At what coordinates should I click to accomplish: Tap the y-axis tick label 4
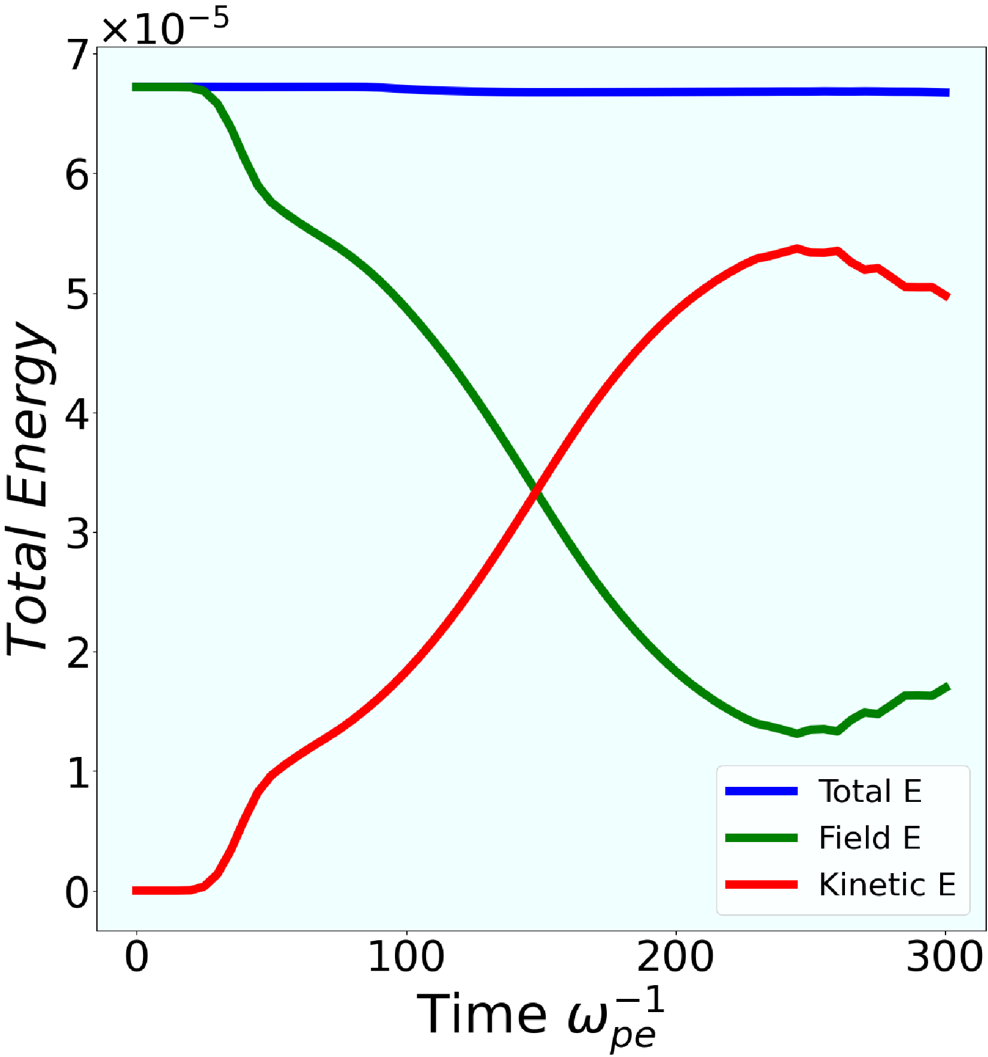[x=77, y=414]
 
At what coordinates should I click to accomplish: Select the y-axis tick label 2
[x=77, y=653]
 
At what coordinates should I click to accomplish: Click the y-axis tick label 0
[x=77, y=893]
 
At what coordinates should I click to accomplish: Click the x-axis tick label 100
[x=406, y=956]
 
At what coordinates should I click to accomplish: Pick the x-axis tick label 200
[x=676, y=956]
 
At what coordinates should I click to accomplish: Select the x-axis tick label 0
[x=136, y=956]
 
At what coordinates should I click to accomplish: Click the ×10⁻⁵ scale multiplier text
[x=165, y=28]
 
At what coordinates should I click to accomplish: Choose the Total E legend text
[x=870, y=791]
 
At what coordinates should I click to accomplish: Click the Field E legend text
[x=869, y=837]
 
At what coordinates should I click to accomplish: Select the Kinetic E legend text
[x=887, y=885]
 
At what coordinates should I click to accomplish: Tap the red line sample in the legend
[x=761, y=885]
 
